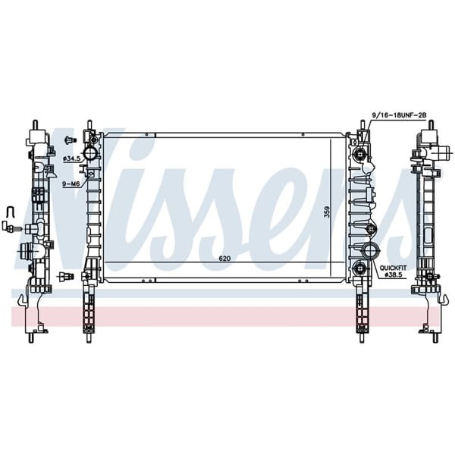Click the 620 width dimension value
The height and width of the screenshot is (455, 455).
click(x=224, y=259)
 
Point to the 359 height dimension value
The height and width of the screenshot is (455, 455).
click(x=327, y=212)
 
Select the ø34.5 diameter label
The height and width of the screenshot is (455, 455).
click(x=72, y=158)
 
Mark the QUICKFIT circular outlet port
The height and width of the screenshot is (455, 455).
click(x=372, y=253)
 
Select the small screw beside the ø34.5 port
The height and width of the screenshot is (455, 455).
click(x=70, y=140)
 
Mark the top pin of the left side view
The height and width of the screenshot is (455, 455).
click(x=36, y=124)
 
